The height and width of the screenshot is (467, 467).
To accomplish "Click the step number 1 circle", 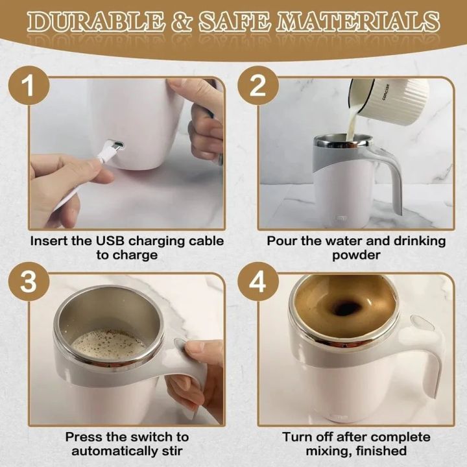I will [27, 85].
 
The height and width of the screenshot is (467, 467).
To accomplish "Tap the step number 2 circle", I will [258, 85].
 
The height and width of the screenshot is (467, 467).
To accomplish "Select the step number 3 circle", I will [27, 281].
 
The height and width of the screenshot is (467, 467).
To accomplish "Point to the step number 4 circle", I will [258, 281].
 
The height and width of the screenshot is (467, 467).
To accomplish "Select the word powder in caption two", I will [356, 255].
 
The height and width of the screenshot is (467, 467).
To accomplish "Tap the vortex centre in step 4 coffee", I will [346, 308].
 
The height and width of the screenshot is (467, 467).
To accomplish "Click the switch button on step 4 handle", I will [423, 323].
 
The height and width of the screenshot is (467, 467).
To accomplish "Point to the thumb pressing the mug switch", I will [195, 351].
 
